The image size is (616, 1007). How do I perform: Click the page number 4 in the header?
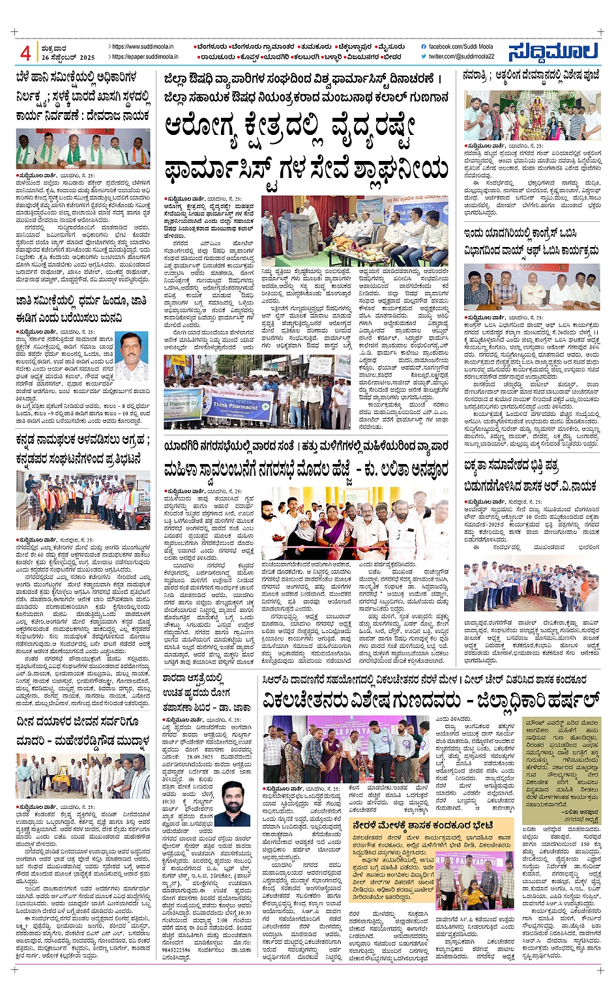25,52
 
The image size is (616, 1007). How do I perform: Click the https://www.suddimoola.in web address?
143,47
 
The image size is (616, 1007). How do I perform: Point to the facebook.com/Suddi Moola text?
460,47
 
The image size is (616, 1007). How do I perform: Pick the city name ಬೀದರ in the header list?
392,57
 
